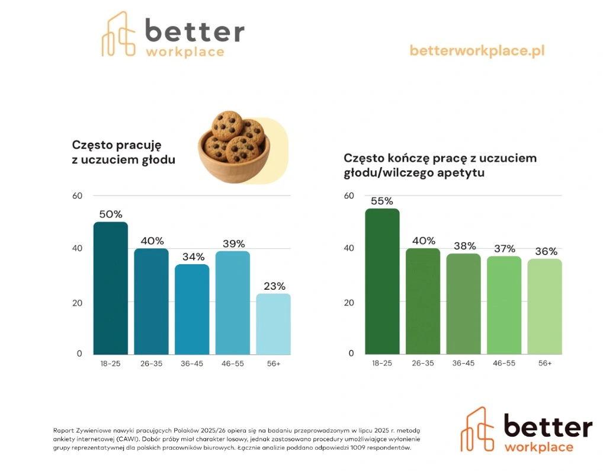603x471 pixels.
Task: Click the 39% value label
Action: click(x=233, y=244)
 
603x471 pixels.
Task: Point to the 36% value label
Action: click(x=545, y=251)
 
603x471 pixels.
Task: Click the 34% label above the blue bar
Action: click(x=193, y=257)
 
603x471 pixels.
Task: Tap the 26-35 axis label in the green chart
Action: click(x=422, y=363)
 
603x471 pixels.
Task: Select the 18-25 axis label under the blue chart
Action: click(x=111, y=363)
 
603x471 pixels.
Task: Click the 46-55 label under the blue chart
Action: click(x=233, y=363)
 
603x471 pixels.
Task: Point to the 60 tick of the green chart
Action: click(x=349, y=196)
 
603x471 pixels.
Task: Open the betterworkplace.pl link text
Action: click(x=477, y=51)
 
